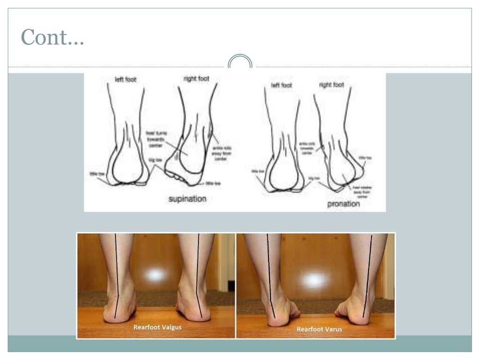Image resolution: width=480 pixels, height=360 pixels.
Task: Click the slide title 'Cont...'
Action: pos(52,37)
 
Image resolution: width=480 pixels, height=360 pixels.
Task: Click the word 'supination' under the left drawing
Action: pos(187,199)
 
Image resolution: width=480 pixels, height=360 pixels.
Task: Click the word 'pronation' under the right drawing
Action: pos(344,204)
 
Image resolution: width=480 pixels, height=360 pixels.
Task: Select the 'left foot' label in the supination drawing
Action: pos(125,80)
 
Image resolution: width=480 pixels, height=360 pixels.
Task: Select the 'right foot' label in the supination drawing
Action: pos(196,79)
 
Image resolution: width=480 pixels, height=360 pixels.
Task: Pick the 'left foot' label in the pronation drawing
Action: pos(282,85)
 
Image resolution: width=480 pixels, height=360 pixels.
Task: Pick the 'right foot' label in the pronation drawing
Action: pos(331,85)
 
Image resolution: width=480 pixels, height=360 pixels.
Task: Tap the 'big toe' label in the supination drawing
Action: pos(155,160)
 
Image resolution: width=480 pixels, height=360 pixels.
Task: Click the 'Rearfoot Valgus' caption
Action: pos(157,327)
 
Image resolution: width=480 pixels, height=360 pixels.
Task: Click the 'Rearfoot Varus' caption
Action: pos(319,329)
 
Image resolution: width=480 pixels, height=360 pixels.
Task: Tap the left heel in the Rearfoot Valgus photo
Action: pos(119,309)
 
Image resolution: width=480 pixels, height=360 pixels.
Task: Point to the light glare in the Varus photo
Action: pos(315,280)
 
